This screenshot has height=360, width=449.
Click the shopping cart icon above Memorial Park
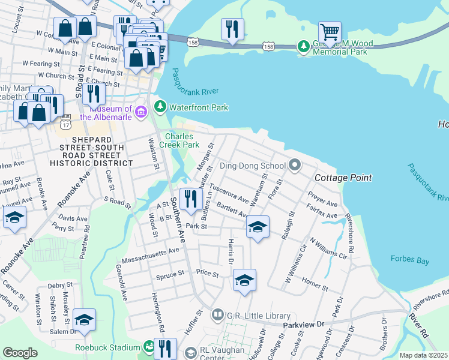coord(330,31)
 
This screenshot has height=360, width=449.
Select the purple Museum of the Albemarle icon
coord(141,112)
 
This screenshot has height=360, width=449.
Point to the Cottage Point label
coord(343,178)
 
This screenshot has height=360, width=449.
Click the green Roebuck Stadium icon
coord(148,347)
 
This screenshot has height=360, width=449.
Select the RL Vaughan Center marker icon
coord(191,352)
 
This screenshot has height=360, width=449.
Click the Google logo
coord(20,352)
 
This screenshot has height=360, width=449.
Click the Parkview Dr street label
coord(303,325)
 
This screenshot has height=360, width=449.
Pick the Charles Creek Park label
coord(182,140)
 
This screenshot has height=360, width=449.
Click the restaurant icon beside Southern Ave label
coord(190,199)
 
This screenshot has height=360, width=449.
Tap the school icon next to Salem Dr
coord(84,319)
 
